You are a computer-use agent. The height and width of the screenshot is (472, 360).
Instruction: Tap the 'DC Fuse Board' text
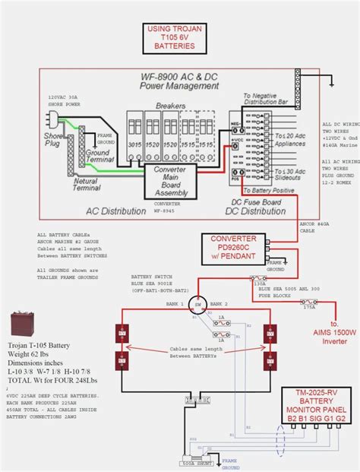[x=254, y=202]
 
